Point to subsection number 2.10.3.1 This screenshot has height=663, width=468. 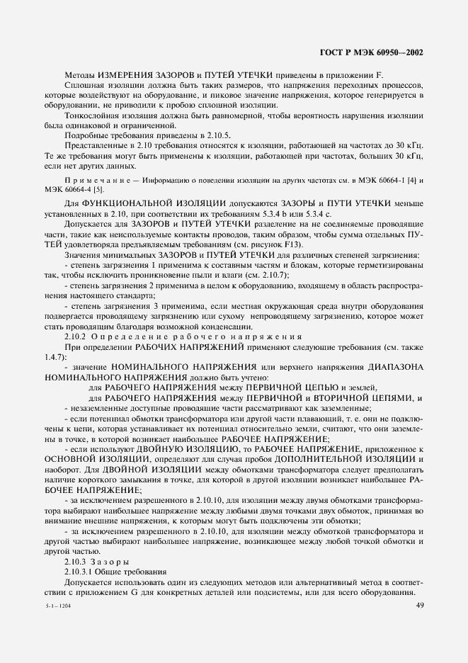click(x=78, y=571)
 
